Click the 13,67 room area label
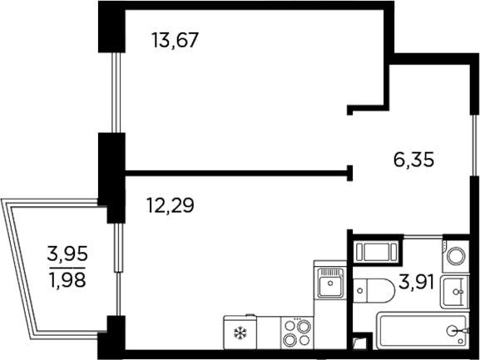[176, 40]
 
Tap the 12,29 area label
[171, 205]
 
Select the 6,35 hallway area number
[414, 160]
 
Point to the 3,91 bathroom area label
[416, 282]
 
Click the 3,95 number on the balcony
[67, 254]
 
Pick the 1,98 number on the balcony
[67, 280]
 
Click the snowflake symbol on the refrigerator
[240, 333]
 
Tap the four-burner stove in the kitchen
[297, 333]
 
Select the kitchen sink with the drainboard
[330, 283]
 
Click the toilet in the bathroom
[374, 290]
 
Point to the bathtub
[423, 330]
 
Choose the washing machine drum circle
[456, 256]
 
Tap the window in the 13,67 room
[116, 92]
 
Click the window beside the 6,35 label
[474, 145]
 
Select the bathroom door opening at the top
[423, 236]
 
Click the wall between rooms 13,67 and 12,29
[238, 173]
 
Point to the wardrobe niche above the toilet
[375, 252]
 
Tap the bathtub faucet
[458, 331]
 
